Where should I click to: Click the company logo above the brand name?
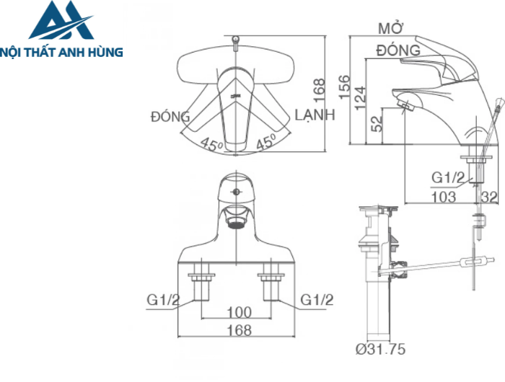coord(61,22)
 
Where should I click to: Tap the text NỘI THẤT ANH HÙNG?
coord(62,52)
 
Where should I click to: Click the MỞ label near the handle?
coord(390,29)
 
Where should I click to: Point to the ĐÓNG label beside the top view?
coord(170,117)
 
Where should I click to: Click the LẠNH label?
coord(315,116)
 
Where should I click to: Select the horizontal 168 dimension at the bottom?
coord(238,331)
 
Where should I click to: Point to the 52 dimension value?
coord(377,123)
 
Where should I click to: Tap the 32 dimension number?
coord(488,196)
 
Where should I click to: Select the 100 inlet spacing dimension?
coord(238,312)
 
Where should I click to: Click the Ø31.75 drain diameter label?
coord(381,350)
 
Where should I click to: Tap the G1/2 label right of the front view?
coord(316,299)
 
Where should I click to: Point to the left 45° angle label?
coord(211,144)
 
